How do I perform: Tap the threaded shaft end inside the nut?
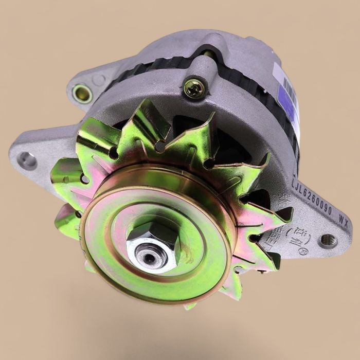[150, 257]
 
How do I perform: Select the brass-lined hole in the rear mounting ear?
[82, 93]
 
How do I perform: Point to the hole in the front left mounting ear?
[25, 160]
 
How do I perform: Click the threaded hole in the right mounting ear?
[328, 240]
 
